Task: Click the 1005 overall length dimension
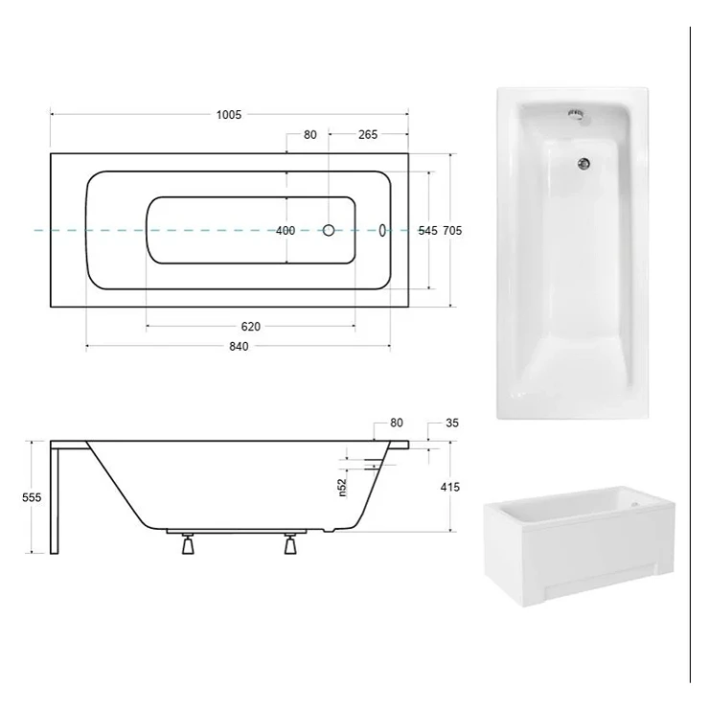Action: [229, 115]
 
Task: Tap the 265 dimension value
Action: [368, 135]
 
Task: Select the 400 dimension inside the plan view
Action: [286, 231]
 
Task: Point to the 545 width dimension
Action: [427, 231]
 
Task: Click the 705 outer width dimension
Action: [452, 231]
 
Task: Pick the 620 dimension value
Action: [250, 327]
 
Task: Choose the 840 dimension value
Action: [239, 347]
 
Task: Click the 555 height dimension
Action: [32, 497]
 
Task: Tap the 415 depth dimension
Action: [450, 487]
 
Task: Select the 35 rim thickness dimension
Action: [452, 423]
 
